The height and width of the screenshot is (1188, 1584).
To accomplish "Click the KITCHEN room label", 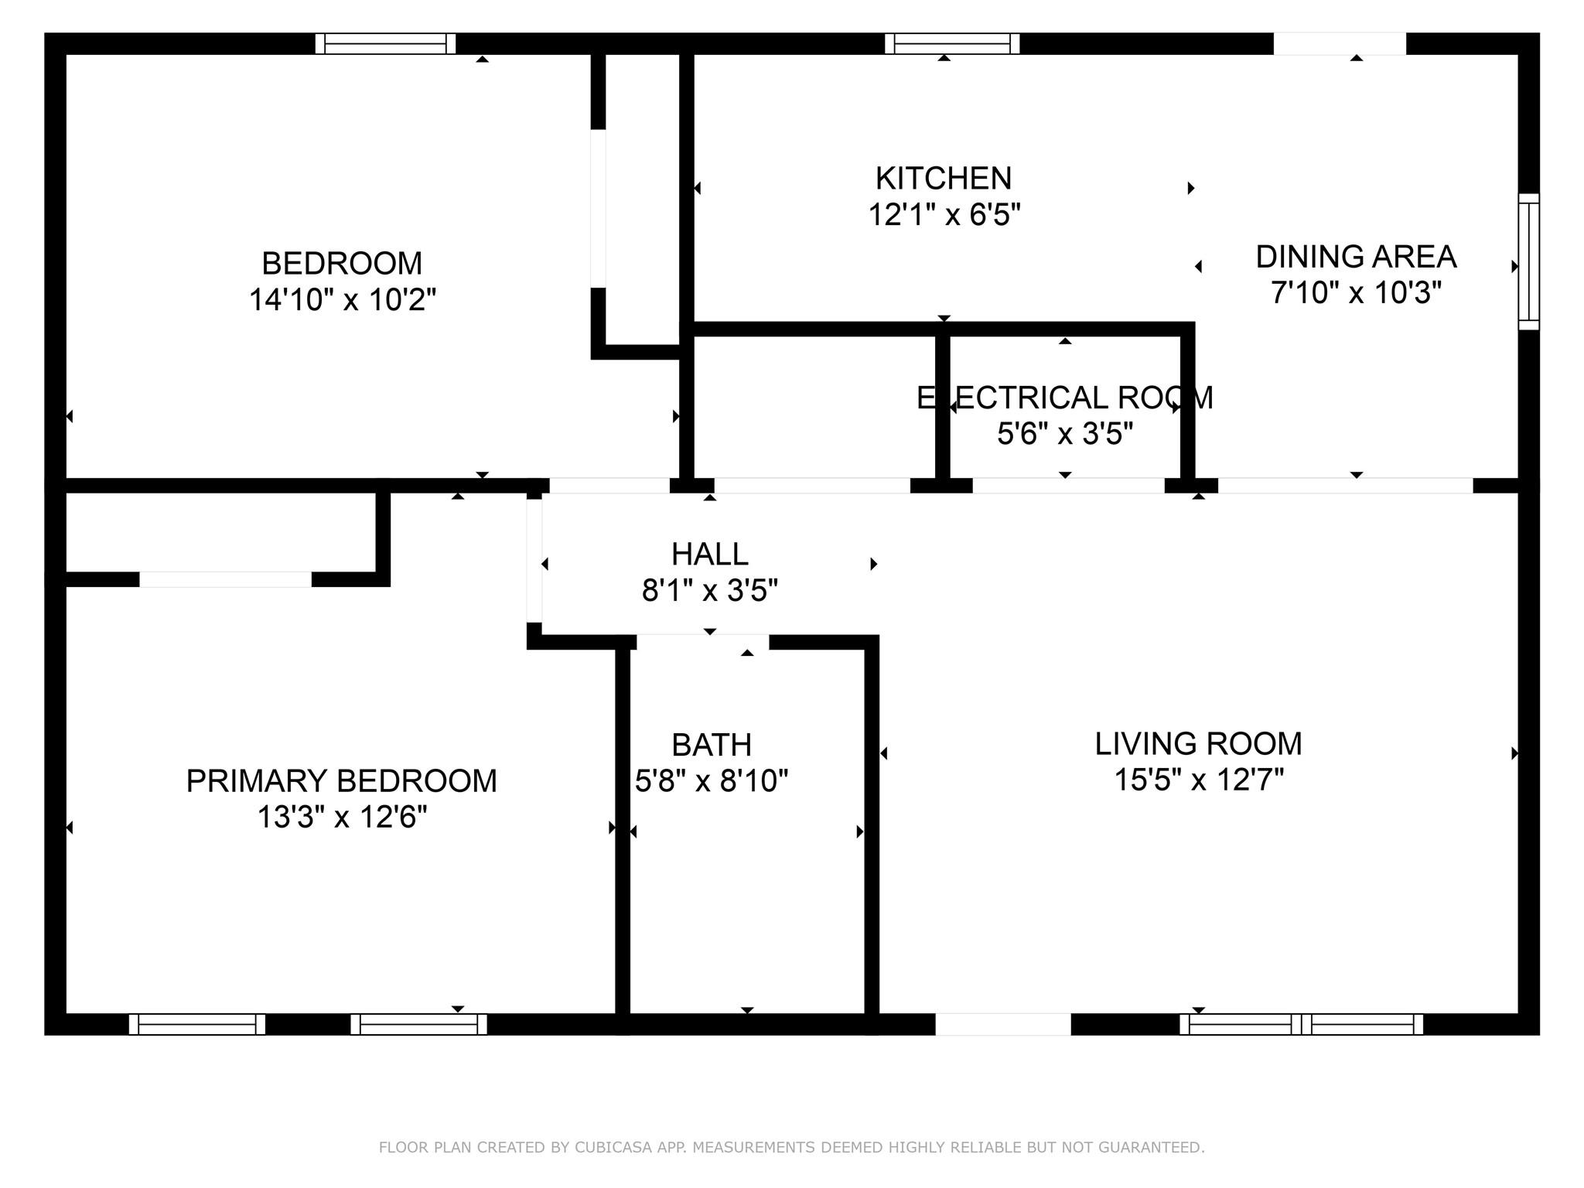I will (x=943, y=179).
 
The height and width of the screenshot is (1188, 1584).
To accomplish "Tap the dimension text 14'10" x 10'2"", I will (x=343, y=299).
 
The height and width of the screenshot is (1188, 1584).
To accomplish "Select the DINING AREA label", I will (x=1355, y=257).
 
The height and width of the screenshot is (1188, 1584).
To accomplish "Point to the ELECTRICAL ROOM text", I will (x=1064, y=398).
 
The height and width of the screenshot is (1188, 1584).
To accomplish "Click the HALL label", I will (x=709, y=555).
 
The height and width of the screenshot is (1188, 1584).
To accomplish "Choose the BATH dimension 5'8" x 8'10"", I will (x=711, y=781).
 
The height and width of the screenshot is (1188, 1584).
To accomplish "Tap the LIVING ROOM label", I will (x=1198, y=744).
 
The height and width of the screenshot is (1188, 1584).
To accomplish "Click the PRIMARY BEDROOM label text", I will (x=341, y=781).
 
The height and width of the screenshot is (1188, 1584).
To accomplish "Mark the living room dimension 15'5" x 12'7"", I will (x=1198, y=780).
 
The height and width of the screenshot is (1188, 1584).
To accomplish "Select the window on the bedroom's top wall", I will (x=385, y=44).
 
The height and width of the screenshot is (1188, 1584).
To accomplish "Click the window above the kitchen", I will (x=952, y=44).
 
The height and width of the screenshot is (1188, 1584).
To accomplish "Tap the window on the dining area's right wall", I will (x=1528, y=261).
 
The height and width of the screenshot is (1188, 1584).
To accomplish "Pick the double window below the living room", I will (x=1301, y=1024).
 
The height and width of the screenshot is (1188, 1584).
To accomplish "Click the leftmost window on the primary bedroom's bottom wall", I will (x=197, y=1024).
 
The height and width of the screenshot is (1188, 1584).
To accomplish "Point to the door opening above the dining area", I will (x=1339, y=44).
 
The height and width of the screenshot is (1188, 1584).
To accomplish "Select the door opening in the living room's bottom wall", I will (x=1003, y=1024).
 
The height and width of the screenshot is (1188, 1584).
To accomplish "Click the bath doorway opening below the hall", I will (x=702, y=642).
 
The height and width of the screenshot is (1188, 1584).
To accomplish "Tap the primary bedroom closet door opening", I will (x=225, y=579).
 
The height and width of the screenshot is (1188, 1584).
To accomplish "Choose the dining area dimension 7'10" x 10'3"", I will (x=1355, y=293).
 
